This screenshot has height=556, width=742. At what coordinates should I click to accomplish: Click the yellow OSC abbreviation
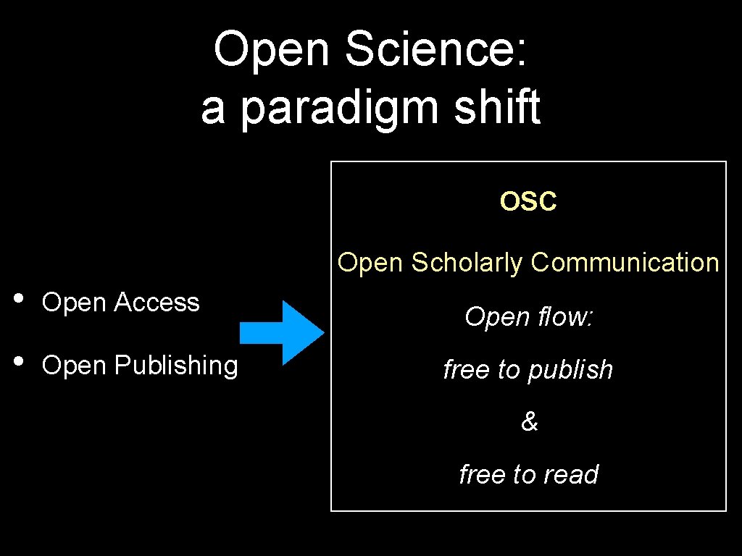(528, 202)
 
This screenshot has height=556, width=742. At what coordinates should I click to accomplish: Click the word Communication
(625, 262)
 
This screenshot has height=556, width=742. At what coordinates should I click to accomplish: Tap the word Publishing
(175, 366)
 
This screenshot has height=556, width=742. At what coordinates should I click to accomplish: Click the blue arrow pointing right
(282, 332)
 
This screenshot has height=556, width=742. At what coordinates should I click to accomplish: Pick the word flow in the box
(567, 316)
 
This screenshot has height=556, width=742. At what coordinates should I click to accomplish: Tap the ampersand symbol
(529, 422)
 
